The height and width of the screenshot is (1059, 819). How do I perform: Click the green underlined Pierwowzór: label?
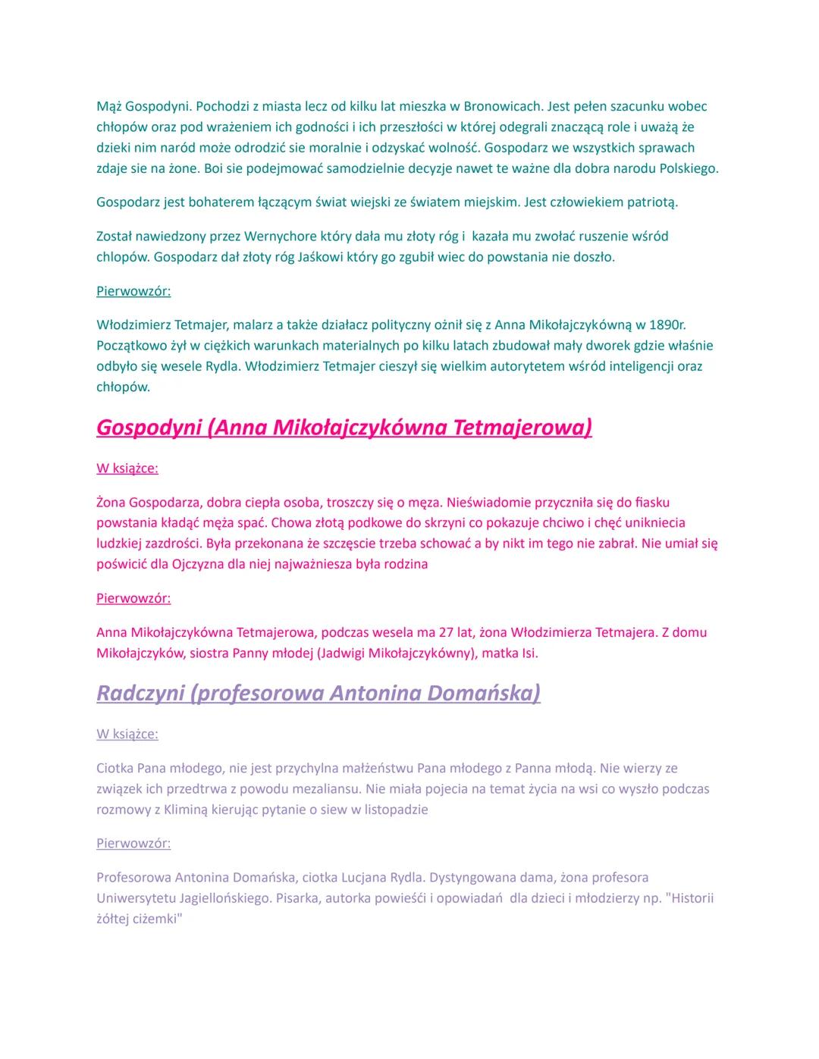[133, 291]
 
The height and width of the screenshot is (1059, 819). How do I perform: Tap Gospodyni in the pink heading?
[149, 428]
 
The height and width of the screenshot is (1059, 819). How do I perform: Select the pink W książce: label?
[127, 468]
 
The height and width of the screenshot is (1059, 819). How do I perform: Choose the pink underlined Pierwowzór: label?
[133, 598]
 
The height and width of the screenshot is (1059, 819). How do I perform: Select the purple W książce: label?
[127, 734]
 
